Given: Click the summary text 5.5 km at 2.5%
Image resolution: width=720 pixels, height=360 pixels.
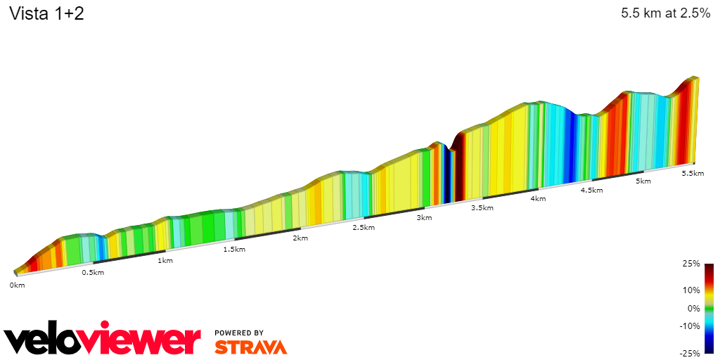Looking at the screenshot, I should [x=666, y=13].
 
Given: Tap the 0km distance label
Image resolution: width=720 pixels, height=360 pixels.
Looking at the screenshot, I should [x=17, y=285].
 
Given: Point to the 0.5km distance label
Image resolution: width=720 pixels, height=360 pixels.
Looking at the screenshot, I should [x=93, y=273].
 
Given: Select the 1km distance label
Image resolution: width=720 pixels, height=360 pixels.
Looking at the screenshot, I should [x=165, y=261].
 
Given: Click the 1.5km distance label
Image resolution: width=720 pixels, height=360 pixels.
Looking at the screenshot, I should [x=234, y=250].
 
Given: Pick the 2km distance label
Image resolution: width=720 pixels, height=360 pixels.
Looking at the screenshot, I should [x=300, y=238].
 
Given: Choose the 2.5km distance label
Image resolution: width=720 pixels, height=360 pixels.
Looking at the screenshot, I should [x=363, y=228].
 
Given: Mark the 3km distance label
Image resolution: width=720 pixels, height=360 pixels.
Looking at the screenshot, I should [x=424, y=218].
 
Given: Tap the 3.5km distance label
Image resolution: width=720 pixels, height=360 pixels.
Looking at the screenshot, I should [x=482, y=208].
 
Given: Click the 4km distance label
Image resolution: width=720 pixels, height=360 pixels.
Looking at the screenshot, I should [x=538, y=199].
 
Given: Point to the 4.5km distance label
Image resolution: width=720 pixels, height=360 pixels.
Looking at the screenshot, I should [x=591, y=191].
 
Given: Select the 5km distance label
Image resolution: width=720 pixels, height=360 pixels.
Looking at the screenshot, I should [x=643, y=181].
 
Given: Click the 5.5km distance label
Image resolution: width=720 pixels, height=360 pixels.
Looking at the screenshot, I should [x=693, y=174].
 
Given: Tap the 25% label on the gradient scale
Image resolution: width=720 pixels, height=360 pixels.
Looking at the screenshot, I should [x=692, y=264].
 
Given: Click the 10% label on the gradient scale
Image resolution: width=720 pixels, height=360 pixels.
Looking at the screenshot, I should [x=692, y=290].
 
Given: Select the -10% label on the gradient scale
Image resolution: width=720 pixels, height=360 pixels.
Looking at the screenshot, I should [x=690, y=326].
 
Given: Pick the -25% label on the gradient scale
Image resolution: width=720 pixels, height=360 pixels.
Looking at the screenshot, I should [x=690, y=354].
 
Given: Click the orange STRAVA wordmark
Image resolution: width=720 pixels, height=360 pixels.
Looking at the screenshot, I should [x=250, y=347].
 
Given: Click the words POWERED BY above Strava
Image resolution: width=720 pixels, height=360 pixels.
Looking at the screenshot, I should [x=239, y=333].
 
